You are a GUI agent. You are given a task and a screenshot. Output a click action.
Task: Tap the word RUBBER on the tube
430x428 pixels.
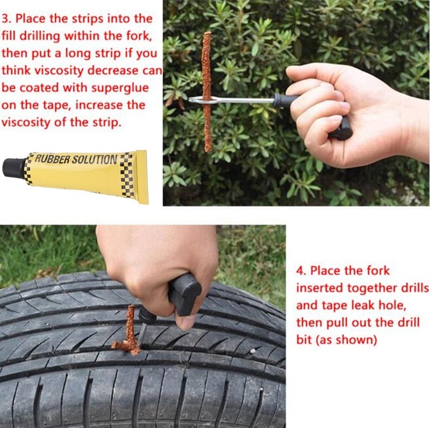click(52, 159)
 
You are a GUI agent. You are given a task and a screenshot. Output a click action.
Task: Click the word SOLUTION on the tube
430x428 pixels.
click(94, 160)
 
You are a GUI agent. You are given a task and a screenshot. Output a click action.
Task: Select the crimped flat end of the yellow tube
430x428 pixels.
click(142, 177)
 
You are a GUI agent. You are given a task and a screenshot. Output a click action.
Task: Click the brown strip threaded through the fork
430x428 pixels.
click(207, 92)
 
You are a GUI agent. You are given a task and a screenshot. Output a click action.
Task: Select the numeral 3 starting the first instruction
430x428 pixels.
click(5, 19)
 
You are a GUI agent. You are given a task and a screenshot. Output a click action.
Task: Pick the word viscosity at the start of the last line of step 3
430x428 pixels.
click(25, 123)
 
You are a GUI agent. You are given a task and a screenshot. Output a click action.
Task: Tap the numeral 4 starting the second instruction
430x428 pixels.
click(300, 271)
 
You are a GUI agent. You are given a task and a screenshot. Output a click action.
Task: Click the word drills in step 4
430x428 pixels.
click(414, 288)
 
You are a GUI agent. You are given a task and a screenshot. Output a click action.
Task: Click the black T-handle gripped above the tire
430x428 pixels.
click(184, 294)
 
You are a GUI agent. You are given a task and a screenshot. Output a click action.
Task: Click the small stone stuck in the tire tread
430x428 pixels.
click(253, 351)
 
